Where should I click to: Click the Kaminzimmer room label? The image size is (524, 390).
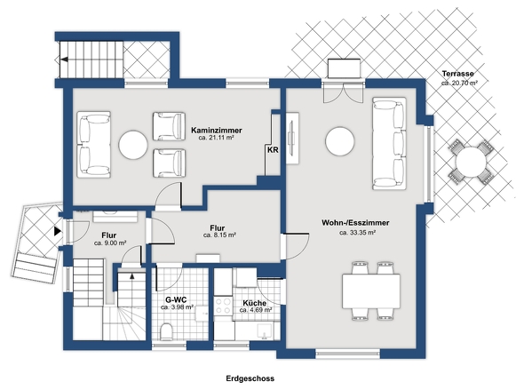point(216,130)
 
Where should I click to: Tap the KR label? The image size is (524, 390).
point(273,150)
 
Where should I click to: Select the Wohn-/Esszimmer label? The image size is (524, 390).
point(355,223)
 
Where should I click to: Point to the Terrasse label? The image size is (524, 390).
point(457,74)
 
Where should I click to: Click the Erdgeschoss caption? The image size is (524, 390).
point(250,378)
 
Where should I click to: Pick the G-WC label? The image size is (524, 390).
point(176,299)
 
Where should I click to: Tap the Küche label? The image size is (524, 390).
point(255,303)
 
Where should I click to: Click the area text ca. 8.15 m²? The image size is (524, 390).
point(219,235)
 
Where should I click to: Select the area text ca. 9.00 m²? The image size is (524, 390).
point(110,243)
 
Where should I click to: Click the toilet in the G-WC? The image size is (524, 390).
point(166,331)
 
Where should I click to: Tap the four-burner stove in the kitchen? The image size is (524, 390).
point(223,306)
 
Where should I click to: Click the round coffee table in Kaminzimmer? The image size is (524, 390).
point(133,145)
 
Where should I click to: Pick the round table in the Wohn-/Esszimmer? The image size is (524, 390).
point(340,141)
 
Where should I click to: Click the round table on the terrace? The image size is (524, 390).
point(471,162)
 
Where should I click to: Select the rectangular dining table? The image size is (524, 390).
point(371,291)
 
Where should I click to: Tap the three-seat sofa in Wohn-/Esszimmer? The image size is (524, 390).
point(389,143)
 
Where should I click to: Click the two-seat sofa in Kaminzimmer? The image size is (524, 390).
point(94,145)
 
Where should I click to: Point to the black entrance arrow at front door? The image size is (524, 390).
point(58,231)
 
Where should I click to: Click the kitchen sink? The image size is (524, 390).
point(265,330)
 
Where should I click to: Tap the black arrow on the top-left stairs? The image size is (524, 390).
point(64,60)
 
